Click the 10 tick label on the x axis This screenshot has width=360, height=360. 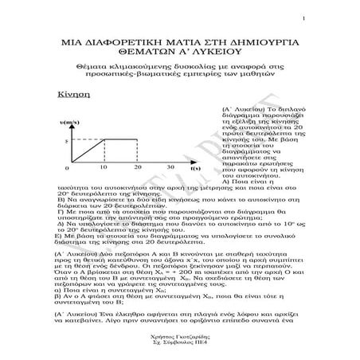coord(104,169)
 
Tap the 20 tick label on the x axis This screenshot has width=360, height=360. coord(138,169)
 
